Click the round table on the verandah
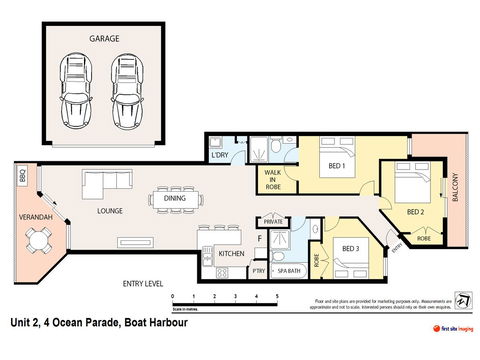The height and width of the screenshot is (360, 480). pyautogui.click(x=40, y=241)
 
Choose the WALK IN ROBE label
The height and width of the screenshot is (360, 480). pyautogui.click(x=273, y=178)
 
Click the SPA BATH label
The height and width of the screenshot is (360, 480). pyautogui.click(x=288, y=270)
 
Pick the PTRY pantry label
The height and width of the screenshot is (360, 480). pyautogui.click(x=258, y=270)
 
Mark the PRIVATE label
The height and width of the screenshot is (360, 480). pyautogui.click(x=274, y=222)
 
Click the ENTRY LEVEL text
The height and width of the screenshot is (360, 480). pyautogui.click(x=143, y=284)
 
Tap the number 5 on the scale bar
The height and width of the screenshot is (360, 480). pyautogui.click(x=275, y=298)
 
